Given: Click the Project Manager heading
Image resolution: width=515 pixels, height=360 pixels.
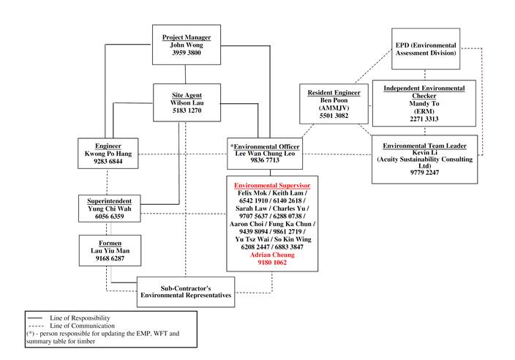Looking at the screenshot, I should tap(186, 37).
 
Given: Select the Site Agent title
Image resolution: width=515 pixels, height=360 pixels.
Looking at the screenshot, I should tap(186, 96).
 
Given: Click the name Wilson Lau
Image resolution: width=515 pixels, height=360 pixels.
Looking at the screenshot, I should tap(186, 104).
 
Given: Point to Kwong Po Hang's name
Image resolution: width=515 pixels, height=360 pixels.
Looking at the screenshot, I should tap(108, 153).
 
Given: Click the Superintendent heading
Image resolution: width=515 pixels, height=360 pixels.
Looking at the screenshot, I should tap(108, 200).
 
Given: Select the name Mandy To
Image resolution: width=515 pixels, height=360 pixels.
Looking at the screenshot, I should tap(424, 104).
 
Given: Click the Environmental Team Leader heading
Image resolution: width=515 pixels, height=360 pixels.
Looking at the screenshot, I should tap(424, 144).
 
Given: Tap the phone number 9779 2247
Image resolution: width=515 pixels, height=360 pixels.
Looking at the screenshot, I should tap(424, 173).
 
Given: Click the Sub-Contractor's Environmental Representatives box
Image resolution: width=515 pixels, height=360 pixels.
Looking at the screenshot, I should tap(187, 290).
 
